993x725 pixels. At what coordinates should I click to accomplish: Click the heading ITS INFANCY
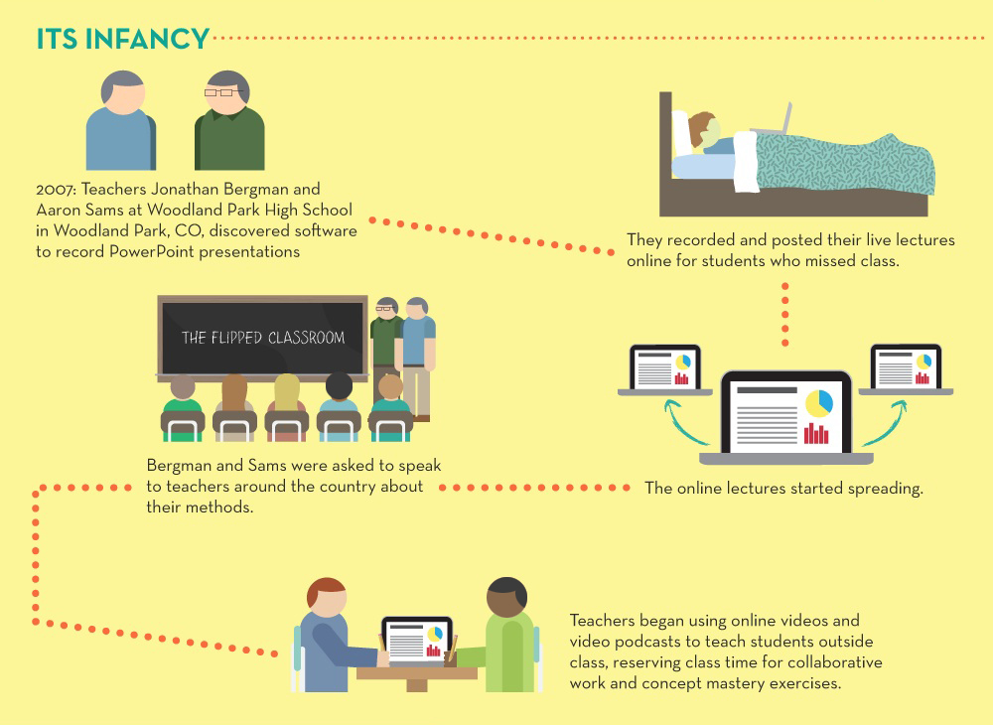click(123, 39)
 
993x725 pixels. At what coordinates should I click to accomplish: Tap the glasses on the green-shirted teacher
click(228, 93)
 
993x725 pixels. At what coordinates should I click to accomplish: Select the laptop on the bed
click(771, 120)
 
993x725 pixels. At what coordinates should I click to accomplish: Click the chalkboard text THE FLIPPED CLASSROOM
click(263, 338)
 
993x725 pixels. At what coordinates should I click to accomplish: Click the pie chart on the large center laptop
click(818, 402)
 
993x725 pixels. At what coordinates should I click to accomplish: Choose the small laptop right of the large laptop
click(905, 369)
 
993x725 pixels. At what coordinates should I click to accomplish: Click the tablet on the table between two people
click(417, 642)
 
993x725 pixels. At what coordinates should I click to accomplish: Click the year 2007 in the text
click(53, 189)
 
